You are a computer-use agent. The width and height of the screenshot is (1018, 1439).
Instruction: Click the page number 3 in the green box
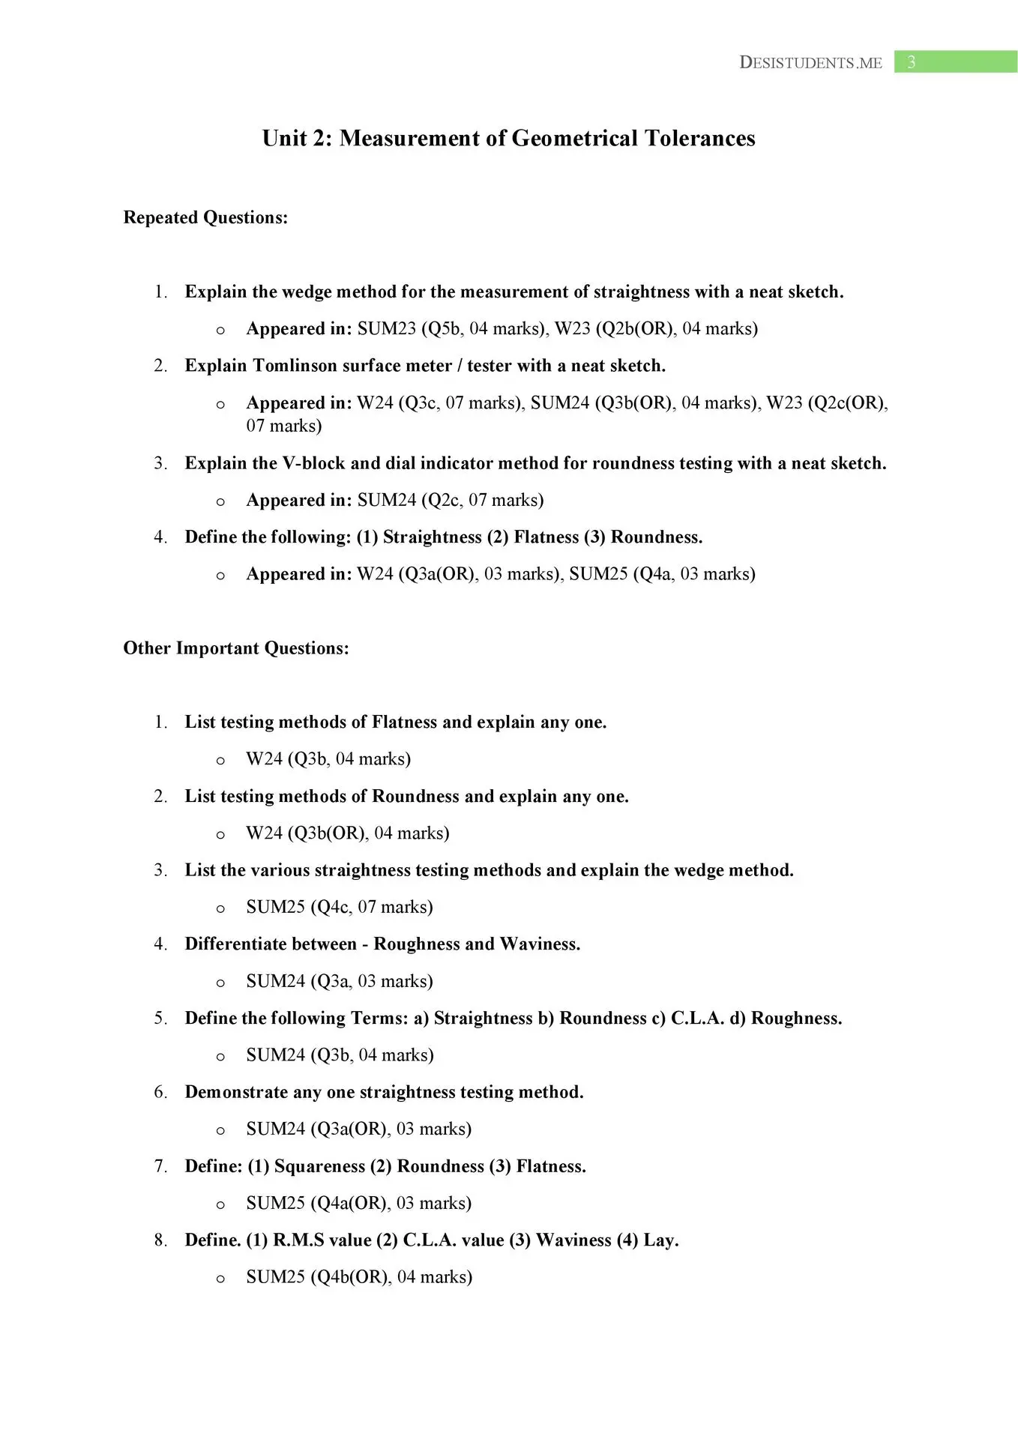911,62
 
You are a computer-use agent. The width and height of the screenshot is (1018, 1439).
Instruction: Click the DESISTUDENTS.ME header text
810,63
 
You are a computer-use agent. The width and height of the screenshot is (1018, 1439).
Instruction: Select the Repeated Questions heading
205,217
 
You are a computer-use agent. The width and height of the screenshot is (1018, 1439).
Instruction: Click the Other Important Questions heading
236,648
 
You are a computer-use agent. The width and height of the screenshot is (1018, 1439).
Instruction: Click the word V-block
313,463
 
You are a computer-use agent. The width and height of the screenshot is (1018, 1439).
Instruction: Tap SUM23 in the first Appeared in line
386,329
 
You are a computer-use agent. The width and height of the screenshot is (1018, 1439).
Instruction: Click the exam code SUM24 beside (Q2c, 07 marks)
386,500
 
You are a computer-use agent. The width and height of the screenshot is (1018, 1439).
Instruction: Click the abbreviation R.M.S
298,1240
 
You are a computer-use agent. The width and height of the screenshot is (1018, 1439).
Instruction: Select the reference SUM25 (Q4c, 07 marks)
340,907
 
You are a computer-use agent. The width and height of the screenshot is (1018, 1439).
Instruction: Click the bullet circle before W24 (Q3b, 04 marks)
220,761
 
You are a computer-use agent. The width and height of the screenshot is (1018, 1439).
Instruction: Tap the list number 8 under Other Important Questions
160,1240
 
